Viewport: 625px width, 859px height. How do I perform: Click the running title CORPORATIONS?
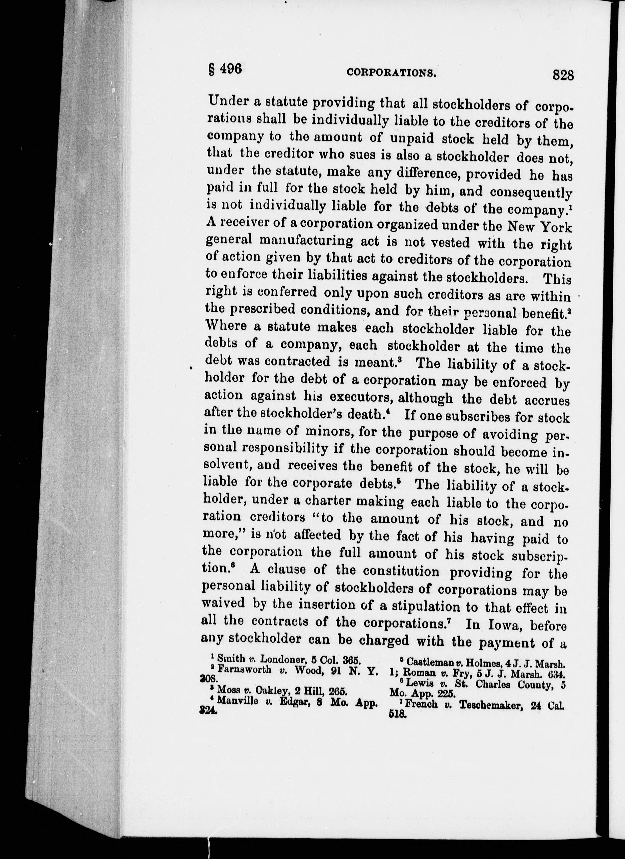click(x=392, y=73)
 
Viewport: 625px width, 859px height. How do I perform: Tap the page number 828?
click(x=563, y=75)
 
